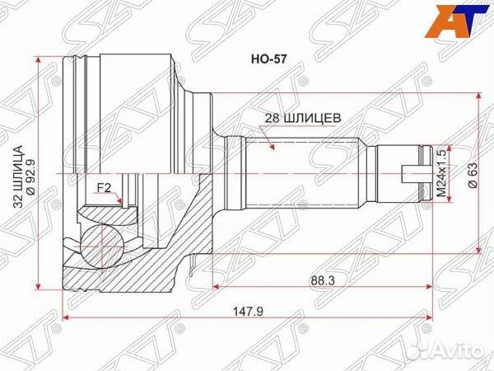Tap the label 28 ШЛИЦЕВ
(298, 118)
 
